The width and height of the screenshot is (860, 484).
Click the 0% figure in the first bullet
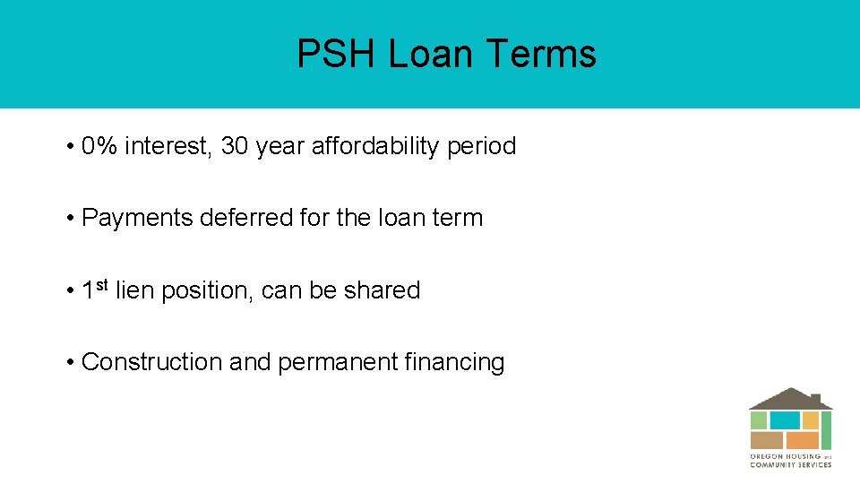pyautogui.click(x=99, y=146)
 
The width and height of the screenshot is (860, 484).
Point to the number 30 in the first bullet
pyautogui.click(x=234, y=146)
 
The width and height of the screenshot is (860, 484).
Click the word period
pyautogui.click(x=481, y=146)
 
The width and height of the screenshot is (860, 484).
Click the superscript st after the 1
pyautogui.click(x=102, y=285)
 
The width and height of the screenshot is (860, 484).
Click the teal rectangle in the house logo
pyautogui.click(x=785, y=420)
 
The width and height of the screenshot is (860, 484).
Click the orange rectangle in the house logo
pyautogui.click(x=803, y=440)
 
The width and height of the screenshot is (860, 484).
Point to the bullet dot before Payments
pyautogui.click(x=70, y=219)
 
